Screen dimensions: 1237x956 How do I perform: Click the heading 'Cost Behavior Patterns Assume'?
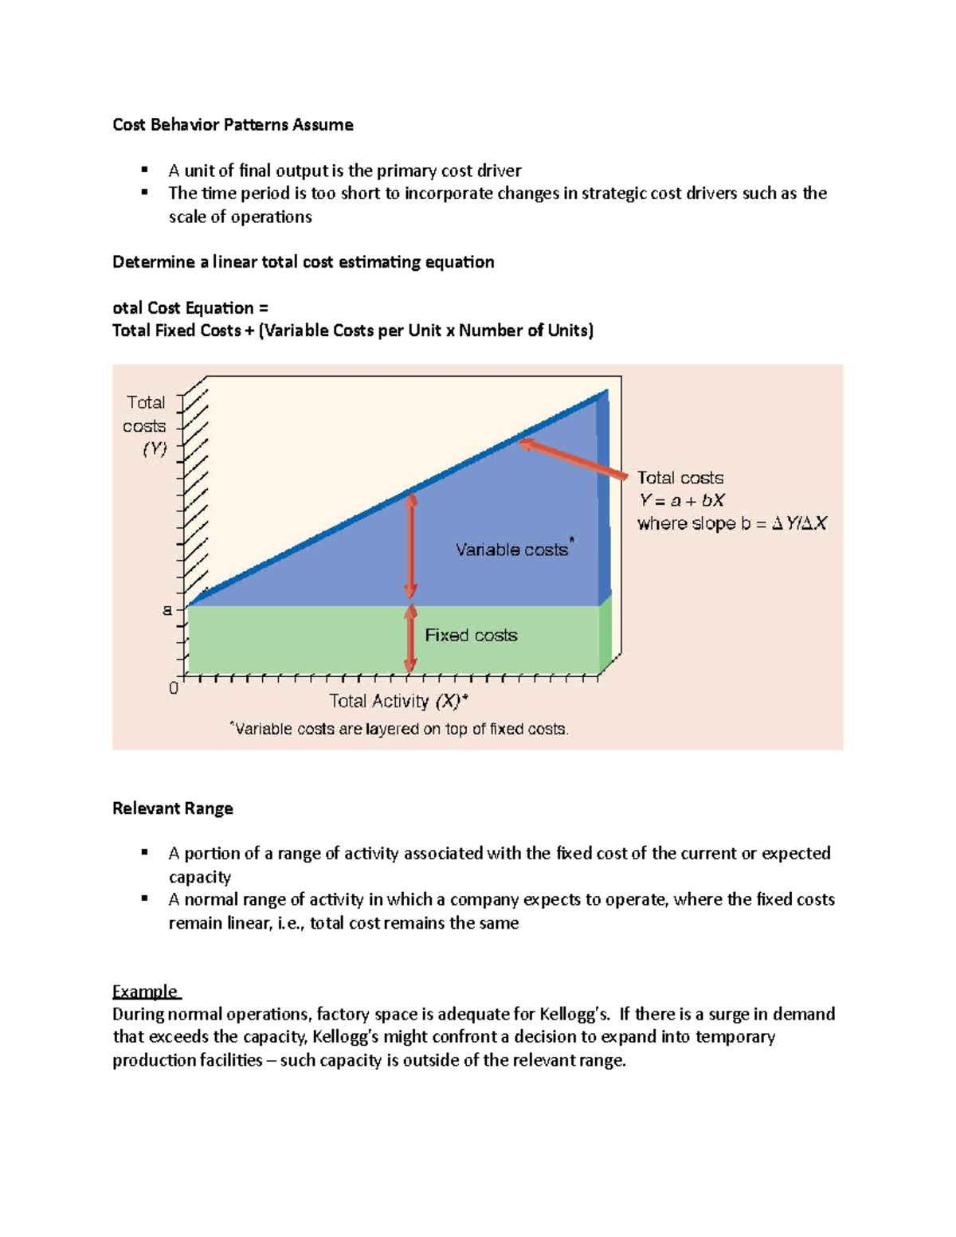pos(233,125)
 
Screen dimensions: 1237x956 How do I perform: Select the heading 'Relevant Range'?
pos(173,808)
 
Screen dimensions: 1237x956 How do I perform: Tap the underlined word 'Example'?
pos(145,992)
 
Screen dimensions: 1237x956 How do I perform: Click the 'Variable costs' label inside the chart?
pos(511,550)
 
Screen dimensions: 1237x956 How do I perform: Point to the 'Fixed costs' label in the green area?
pos(471,636)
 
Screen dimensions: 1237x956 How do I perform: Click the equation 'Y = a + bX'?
pos(681,501)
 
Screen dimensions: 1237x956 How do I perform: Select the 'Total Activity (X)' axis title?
pos(398,702)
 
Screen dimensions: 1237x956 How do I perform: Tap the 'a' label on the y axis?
pos(167,610)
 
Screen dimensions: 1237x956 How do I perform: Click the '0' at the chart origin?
pos(174,688)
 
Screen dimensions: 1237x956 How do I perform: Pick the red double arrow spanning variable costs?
pos(410,546)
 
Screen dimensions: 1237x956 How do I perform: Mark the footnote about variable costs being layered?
pos(399,729)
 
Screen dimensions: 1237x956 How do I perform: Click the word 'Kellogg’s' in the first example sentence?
pos(574,1014)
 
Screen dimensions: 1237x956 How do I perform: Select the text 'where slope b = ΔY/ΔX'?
pos(732,524)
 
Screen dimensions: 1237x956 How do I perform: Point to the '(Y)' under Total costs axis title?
pos(155,449)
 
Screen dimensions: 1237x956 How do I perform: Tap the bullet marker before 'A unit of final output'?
pos(145,170)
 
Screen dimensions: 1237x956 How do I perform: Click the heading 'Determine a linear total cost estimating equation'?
pos(303,262)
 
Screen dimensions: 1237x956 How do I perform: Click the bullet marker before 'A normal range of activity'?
pos(145,898)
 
